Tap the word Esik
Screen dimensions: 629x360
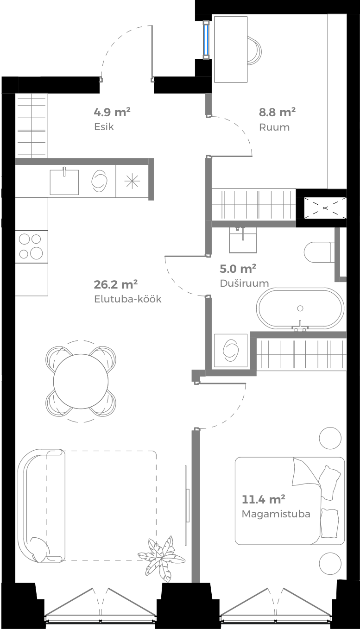104,126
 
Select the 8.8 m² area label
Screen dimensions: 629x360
277,112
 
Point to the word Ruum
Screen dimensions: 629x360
274,127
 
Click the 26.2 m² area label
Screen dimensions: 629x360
116,284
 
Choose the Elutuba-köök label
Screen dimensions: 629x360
127,299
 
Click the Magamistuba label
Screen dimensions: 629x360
276,514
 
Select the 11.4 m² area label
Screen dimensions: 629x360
263,499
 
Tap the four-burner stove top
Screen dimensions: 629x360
32,246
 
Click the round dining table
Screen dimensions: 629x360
81,381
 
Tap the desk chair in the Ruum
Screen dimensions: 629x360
254,49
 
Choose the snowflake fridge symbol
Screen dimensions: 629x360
132,181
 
